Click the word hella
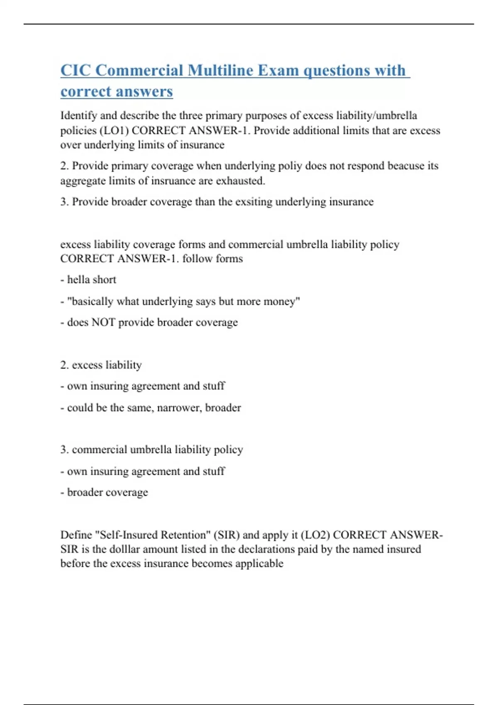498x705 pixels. click(79, 280)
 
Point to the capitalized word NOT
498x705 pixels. click(103, 322)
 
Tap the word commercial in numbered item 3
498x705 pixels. click(99, 450)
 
